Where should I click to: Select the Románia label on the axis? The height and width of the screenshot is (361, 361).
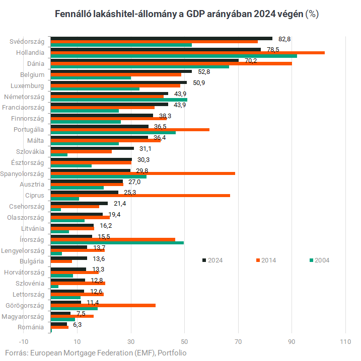31,327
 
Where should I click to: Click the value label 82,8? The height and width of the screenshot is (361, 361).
285,39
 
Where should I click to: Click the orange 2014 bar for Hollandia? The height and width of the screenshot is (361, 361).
187,52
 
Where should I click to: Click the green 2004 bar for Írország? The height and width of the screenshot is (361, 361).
117,243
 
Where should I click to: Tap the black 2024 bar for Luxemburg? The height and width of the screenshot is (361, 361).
118,82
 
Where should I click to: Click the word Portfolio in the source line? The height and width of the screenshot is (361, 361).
172,353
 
